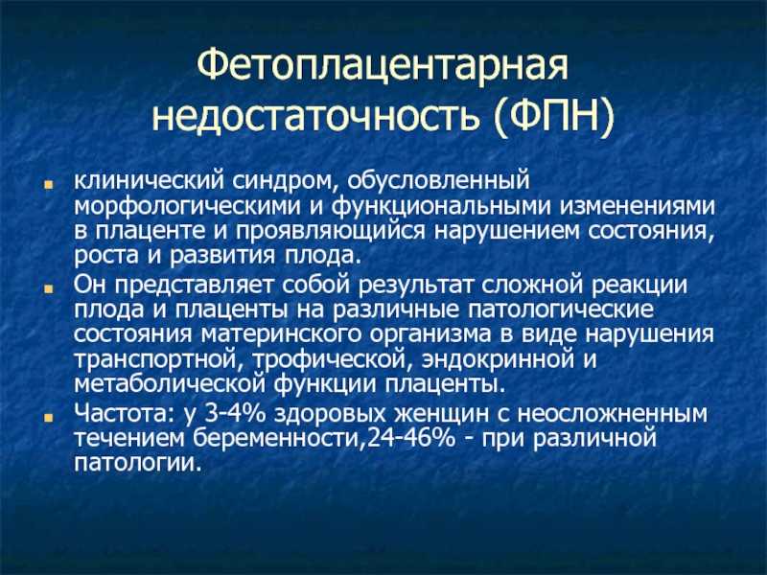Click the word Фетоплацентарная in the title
click(383, 66)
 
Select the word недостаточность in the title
click(314, 117)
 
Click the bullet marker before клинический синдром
click(48, 186)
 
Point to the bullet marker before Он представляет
click(48, 289)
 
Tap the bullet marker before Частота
click(48, 418)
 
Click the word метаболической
click(170, 385)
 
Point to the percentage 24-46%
click(411, 439)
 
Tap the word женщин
click(441, 414)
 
